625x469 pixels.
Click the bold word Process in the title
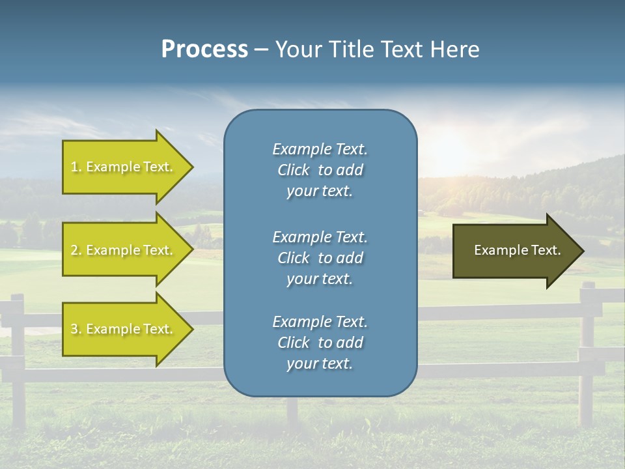(x=204, y=50)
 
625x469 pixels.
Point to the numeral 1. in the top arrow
(x=76, y=167)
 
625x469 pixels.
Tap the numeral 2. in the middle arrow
(x=76, y=250)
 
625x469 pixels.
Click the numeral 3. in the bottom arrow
(x=76, y=329)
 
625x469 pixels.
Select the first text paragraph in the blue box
(x=320, y=170)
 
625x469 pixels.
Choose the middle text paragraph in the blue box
(x=320, y=258)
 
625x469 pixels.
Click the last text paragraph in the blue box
(x=320, y=343)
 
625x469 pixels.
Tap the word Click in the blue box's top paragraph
(x=293, y=170)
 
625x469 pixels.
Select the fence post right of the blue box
(x=587, y=352)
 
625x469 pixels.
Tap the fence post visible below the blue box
(x=293, y=410)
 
